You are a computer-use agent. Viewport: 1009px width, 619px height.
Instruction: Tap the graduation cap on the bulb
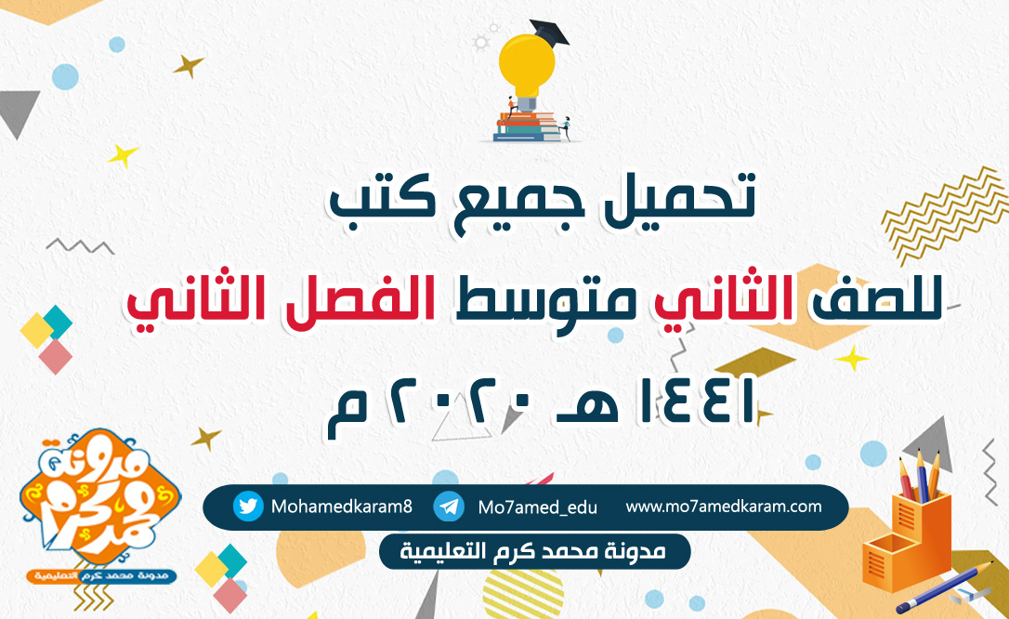pyautogui.click(x=549, y=32)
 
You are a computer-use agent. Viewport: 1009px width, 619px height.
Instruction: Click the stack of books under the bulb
pyautogui.click(x=526, y=126)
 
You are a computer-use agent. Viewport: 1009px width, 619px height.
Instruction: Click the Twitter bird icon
pyautogui.click(x=248, y=507)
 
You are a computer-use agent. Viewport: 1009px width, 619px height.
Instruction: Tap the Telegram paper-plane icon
pyautogui.click(x=449, y=507)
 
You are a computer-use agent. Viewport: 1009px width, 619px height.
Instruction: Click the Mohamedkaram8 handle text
pyautogui.click(x=342, y=507)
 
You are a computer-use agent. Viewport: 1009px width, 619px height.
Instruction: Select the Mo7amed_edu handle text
pyautogui.click(x=537, y=507)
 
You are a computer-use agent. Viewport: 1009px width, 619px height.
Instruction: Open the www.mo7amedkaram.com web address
pyautogui.click(x=723, y=507)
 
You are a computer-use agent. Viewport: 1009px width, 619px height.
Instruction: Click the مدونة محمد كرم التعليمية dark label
pyautogui.click(x=535, y=551)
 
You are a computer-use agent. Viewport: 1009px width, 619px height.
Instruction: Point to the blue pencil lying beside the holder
pyautogui.click(x=944, y=586)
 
